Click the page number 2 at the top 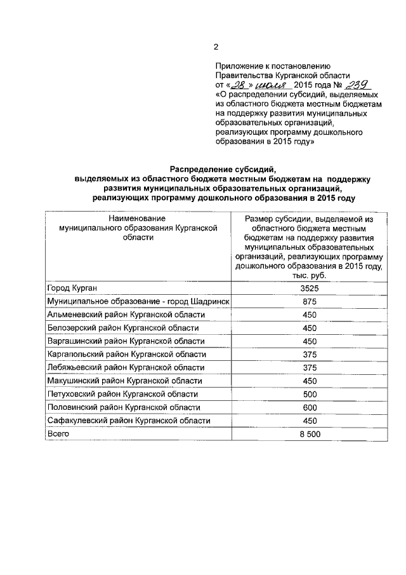pos(216,46)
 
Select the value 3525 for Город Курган pos(309,288)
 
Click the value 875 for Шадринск pos(309,301)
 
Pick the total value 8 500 pos(309,433)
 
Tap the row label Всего pos(58,433)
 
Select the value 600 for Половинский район pos(309,407)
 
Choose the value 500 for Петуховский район pos(309,394)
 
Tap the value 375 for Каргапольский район pos(309,355)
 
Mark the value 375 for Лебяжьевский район pos(309,367)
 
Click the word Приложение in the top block pos(240,65)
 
